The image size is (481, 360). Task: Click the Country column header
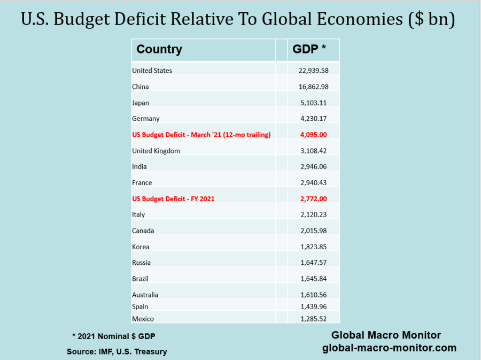point(159,50)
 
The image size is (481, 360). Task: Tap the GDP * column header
point(309,50)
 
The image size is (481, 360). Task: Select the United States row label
point(152,71)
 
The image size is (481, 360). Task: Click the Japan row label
point(141,103)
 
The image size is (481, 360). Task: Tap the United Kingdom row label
point(156,151)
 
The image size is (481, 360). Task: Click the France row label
point(142,183)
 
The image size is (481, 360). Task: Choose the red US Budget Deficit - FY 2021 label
point(173,199)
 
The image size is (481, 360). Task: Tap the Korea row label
point(141,247)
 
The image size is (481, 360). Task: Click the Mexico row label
point(143,319)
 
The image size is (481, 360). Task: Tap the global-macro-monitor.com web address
point(389,348)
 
